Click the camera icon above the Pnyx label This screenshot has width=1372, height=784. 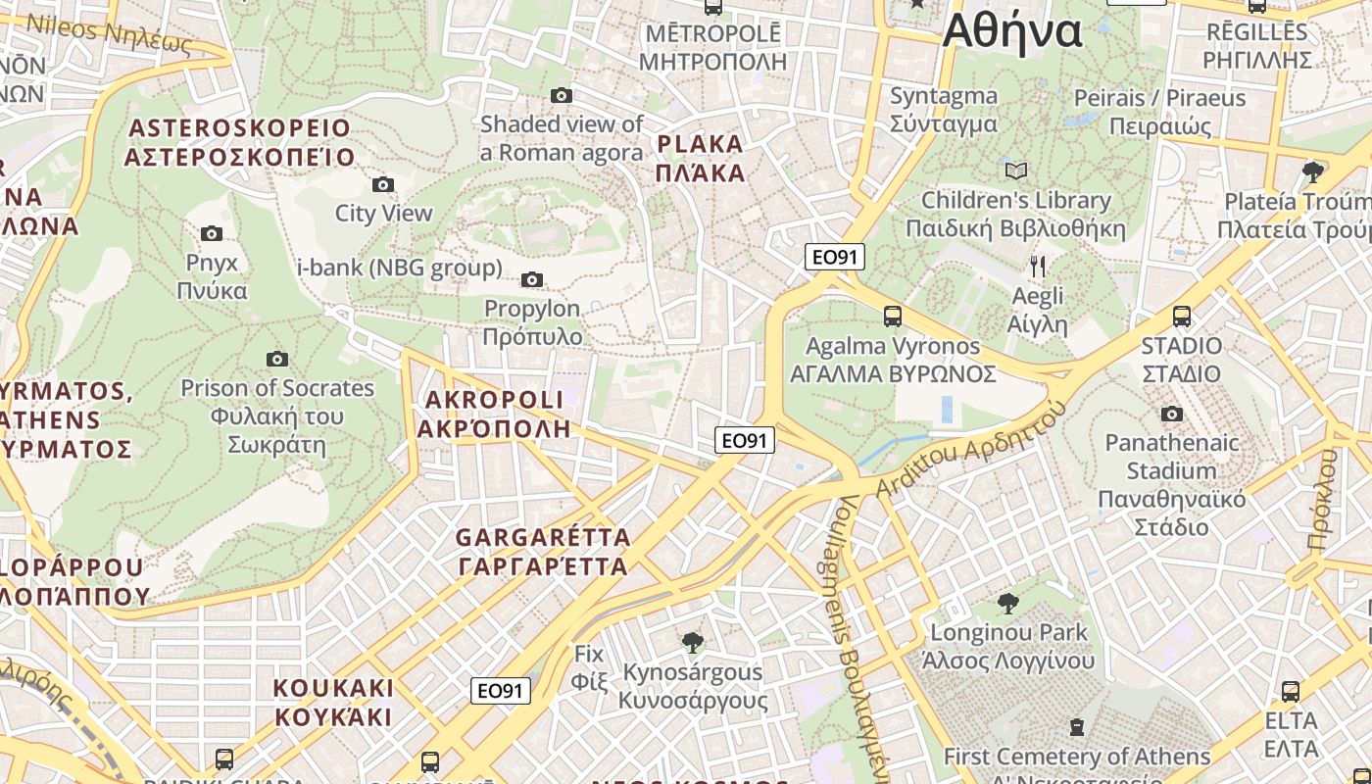[x=211, y=233]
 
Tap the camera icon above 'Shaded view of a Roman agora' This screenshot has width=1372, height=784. [x=562, y=95]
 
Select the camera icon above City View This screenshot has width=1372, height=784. [x=383, y=184]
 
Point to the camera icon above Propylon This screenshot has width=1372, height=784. [x=532, y=279]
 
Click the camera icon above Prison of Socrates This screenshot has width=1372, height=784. [x=277, y=359]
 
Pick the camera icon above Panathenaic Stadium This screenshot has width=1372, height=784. [x=1171, y=414]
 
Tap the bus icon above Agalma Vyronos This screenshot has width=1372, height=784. [x=893, y=317]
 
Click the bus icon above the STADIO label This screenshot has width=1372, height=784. [x=1182, y=317]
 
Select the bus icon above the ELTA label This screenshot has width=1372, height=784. [x=1291, y=692]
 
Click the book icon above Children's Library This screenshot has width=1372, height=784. [x=1016, y=171]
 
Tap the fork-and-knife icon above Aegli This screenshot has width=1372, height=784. [x=1038, y=266]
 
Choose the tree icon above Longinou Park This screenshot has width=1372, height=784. [x=1007, y=603]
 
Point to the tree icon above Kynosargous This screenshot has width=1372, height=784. [x=693, y=643]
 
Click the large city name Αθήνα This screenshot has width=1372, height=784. [x=1011, y=31]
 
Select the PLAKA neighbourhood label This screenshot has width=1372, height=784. [x=701, y=159]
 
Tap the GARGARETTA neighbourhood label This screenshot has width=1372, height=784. [x=543, y=552]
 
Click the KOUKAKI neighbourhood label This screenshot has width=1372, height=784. [x=333, y=702]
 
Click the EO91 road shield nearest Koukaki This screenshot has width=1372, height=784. [x=501, y=691]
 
